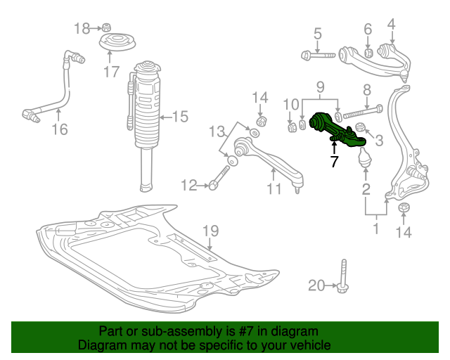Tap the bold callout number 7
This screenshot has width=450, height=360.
335,161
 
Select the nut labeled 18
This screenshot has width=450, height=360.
106,27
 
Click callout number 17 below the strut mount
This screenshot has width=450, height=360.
111,72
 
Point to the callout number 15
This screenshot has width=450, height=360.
180,117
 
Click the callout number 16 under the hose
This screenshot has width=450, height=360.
60,129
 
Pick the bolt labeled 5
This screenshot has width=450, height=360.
318,55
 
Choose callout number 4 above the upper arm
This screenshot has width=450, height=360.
391,25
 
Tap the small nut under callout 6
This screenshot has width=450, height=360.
368,53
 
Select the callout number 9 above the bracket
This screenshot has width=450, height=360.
321,86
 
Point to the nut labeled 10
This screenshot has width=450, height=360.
292,127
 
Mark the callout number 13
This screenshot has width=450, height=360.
217,131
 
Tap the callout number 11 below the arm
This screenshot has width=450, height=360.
274,189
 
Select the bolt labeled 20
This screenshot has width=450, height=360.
343,276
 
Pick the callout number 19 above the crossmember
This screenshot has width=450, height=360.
211,231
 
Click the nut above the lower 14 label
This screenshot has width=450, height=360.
404,207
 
